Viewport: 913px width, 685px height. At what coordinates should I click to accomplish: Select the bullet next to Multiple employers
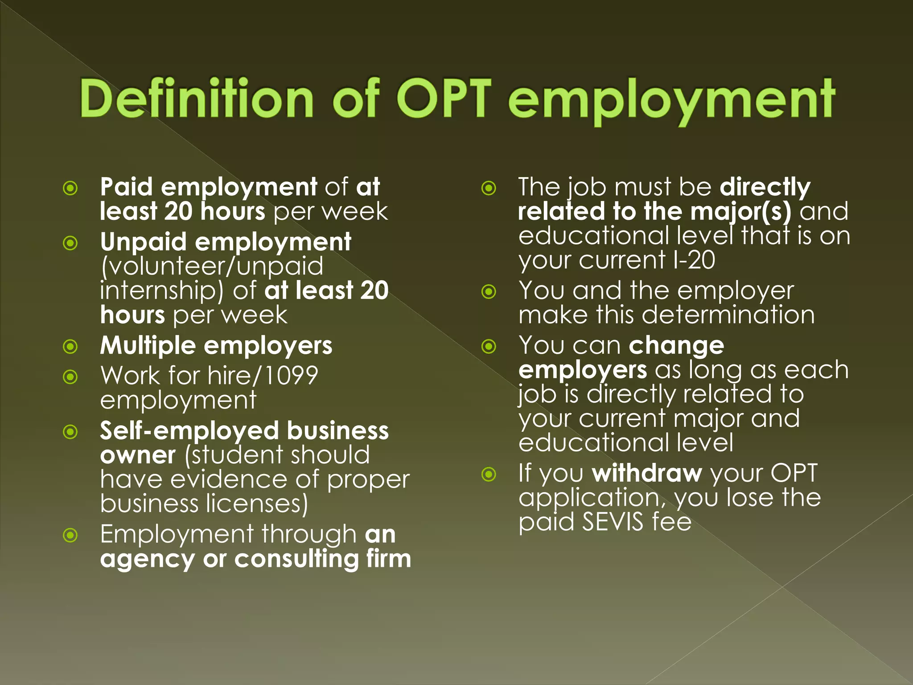tap(70, 347)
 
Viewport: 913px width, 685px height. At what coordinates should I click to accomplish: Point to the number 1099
tap(292, 376)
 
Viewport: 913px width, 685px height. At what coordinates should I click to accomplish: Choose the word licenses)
tap(257, 504)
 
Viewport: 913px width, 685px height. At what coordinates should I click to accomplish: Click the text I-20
tap(694, 260)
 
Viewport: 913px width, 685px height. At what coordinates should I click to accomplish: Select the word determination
tap(728, 315)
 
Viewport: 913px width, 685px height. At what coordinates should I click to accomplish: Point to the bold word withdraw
tap(647, 474)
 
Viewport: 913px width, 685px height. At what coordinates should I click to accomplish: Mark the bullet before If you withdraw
tap(489, 474)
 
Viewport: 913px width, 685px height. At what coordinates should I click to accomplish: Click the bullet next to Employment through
tap(70, 535)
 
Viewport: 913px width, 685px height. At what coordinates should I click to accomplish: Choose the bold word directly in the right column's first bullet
tap(765, 187)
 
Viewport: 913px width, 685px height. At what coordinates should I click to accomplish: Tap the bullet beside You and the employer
tap(489, 292)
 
